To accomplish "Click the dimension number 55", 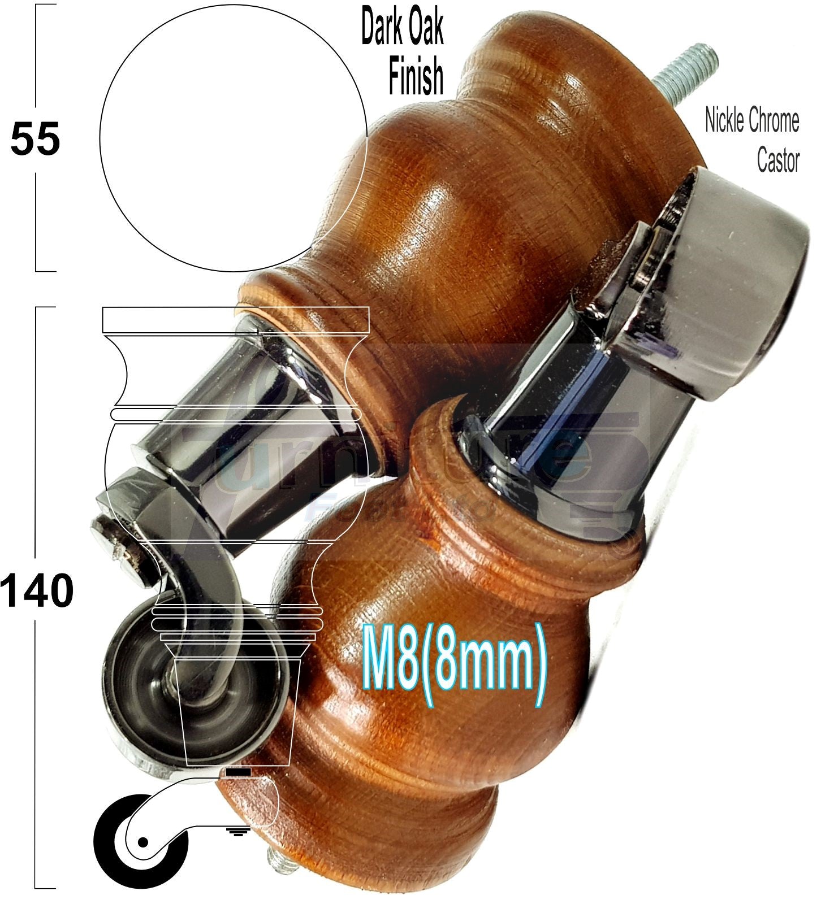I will pyautogui.click(x=35, y=139).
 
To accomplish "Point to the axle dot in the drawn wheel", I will pyautogui.click(x=142, y=842).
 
